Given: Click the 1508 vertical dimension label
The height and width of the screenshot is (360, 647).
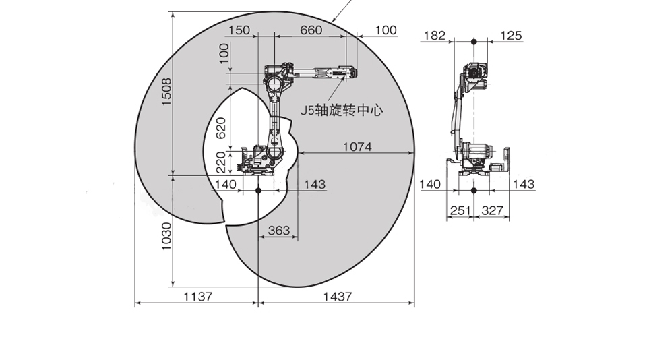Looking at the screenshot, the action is click(166, 92).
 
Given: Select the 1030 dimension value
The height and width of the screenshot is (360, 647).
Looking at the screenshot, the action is click(166, 236).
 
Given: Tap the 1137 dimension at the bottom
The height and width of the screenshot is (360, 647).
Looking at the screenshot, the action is click(197, 297).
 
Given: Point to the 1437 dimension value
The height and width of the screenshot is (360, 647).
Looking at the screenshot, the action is click(338, 297).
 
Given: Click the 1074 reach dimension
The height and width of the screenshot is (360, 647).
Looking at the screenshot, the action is click(357, 146).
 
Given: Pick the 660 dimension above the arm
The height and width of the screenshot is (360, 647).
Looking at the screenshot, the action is click(311, 30).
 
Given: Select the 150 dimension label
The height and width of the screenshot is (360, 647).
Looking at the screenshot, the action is click(239, 30).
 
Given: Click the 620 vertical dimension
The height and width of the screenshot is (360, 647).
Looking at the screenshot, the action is click(221, 128).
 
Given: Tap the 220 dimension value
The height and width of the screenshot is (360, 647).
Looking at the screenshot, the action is click(221, 162).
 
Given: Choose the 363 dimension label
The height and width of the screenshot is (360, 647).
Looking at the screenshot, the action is click(279, 230).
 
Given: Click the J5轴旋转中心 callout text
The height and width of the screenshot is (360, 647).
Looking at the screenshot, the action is click(341, 111).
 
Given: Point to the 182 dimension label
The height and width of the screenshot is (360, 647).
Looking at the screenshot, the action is click(435, 36).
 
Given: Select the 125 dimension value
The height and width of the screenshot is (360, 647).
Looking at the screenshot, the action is click(512, 36).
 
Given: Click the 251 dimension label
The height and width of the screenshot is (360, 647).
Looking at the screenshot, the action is click(460, 210).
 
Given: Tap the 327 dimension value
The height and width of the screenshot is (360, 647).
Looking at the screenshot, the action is click(492, 210).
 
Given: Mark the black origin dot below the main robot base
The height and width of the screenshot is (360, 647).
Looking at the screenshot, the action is click(258, 190).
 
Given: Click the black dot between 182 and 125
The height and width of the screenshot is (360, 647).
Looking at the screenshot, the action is click(474, 41).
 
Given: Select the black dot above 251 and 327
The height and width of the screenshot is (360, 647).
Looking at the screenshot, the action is click(474, 190).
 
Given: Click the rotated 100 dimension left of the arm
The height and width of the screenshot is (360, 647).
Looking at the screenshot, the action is click(224, 53).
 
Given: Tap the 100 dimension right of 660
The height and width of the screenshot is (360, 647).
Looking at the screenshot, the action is click(386, 30).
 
